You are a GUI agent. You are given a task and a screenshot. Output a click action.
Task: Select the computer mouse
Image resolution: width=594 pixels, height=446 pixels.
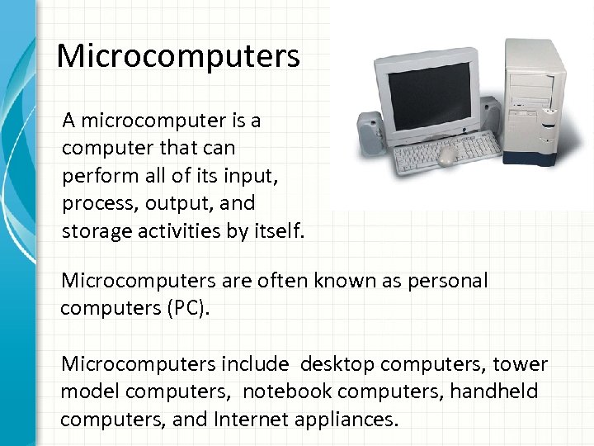[x=447, y=154]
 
